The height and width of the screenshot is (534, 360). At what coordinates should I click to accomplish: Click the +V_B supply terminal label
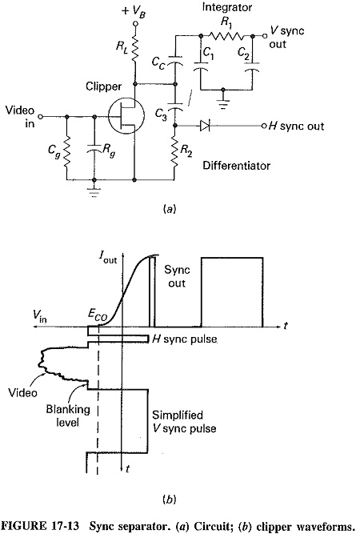tap(134, 11)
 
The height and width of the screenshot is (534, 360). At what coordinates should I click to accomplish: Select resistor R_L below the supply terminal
tap(134, 49)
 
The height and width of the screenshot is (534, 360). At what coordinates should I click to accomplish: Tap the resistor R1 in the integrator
tap(226, 36)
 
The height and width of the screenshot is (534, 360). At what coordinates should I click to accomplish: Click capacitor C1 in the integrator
tap(201, 66)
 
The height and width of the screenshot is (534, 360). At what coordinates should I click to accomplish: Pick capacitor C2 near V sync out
tap(252, 66)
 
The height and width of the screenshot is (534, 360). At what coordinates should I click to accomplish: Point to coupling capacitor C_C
tap(175, 59)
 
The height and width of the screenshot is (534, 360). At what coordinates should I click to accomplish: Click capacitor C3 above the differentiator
tap(175, 105)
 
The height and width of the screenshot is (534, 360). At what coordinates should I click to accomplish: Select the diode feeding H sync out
tap(205, 126)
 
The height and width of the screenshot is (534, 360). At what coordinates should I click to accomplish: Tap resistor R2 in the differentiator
tap(175, 152)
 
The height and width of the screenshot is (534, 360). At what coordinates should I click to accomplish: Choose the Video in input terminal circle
tap(41, 116)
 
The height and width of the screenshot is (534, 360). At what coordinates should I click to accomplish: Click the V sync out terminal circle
tap(265, 36)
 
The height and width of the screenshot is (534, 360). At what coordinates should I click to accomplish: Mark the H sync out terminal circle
tap(264, 126)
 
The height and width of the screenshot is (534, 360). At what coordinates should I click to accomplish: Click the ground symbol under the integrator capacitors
tap(223, 103)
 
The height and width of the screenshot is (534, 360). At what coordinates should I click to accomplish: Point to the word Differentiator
tap(237, 166)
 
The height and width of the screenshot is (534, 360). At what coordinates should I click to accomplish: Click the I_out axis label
tap(107, 258)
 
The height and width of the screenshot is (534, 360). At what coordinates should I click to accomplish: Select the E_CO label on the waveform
tap(98, 315)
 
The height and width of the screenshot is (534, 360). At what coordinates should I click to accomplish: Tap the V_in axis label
tap(40, 316)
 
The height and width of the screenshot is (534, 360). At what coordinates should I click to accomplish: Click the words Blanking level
tap(68, 416)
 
